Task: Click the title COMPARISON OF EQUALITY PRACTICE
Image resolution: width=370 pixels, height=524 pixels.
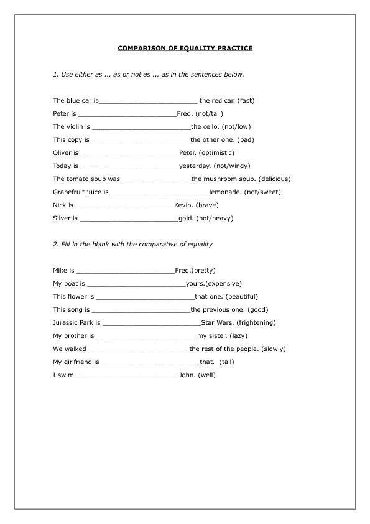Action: click(x=185, y=48)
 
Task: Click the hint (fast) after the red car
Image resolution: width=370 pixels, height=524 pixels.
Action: click(x=246, y=100)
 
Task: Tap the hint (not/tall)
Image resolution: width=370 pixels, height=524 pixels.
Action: click(x=209, y=113)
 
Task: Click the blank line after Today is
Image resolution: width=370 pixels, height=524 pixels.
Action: click(x=129, y=167)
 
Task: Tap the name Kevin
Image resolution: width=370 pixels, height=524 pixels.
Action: click(x=183, y=205)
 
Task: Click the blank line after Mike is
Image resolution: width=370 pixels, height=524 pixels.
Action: click(x=125, y=271)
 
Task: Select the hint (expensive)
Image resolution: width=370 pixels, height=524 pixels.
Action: click(x=223, y=283)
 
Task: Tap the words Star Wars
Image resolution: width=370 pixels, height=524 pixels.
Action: click(x=217, y=322)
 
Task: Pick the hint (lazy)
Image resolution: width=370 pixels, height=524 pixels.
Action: click(x=239, y=335)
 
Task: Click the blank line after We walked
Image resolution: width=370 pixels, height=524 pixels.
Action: click(x=137, y=350)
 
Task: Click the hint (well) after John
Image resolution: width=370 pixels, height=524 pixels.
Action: click(x=207, y=375)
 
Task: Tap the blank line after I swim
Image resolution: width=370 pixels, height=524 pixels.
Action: click(x=125, y=376)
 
